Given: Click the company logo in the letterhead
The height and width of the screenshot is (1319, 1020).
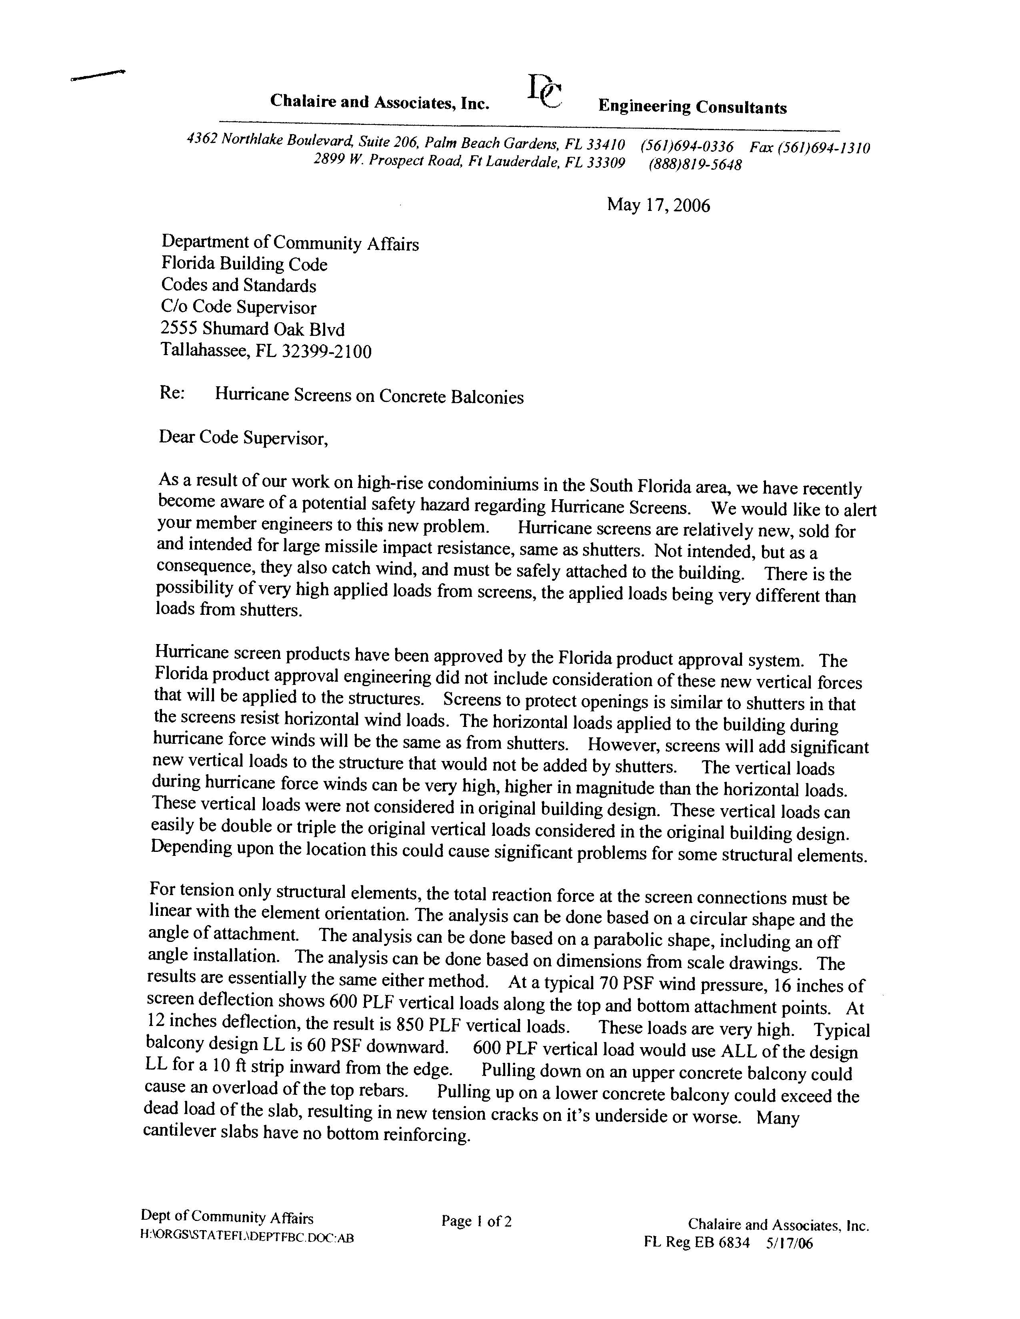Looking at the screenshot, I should click(545, 92).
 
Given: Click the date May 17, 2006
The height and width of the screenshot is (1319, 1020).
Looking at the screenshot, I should click(658, 205).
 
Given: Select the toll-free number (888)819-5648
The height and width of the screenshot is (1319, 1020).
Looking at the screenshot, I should click(695, 164).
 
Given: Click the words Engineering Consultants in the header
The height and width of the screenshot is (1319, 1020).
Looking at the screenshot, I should click(692, 108).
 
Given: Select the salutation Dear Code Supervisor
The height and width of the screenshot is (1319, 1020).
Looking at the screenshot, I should click(243, 438).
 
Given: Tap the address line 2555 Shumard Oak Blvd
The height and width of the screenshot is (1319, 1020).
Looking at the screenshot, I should click(252, 329).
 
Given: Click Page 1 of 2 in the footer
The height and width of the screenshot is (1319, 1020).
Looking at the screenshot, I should click(476, 1221).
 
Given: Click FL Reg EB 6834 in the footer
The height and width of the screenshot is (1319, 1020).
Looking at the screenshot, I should click(696, 1242).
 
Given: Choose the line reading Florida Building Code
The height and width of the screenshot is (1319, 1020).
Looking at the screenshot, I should click(244, 264).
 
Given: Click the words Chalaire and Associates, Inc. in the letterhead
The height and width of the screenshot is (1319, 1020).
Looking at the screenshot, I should click(380, 102).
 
